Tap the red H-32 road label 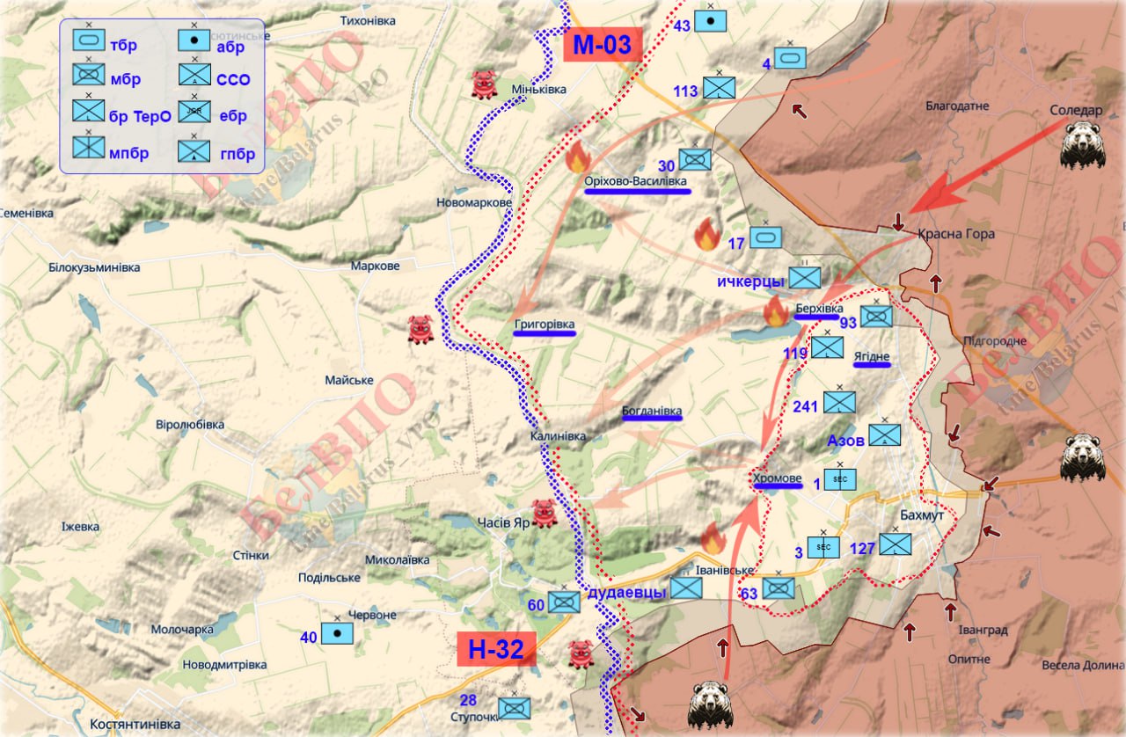tap(496, 650)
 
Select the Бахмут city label tap(922, 514)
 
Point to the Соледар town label tap(1075, 111)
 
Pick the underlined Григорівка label tap(545, 325)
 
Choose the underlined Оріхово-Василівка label tap(637, 181)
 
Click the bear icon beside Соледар tap(1081, 146)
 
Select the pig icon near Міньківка tap(485, 84)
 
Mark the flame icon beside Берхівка tap(775, 311)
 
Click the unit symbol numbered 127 tap(896, 544)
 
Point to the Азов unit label tap(845, 439)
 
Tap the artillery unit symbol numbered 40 tap(337, 633)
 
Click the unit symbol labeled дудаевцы tap(686, 589)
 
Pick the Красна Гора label tap(955, 234)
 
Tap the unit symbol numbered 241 tap(839, 403)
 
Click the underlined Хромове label tap(778, 478)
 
